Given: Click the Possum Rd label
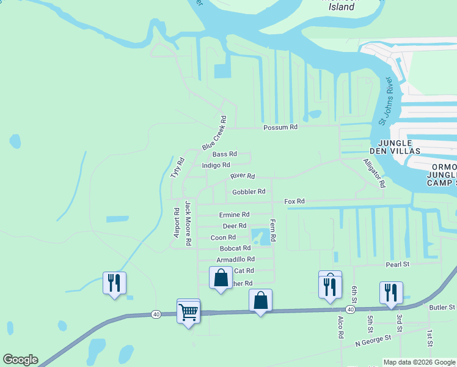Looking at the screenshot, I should click(280, 127).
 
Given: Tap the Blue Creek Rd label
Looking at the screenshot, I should click(214, 134).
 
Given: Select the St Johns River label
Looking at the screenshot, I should click(385, 102).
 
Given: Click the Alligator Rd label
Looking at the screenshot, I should click(375, 173).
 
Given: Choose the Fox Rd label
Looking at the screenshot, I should click(294, 201).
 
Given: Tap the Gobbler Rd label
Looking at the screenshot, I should click(249, 191).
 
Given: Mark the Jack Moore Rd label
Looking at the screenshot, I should click(189, 224).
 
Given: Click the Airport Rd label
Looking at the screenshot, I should click(177, 223).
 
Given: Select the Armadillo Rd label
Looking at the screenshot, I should click(235, 259).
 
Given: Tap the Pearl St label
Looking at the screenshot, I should click(397, 264).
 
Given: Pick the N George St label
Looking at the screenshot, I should click(373, 341).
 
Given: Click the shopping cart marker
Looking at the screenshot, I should click(188, 312).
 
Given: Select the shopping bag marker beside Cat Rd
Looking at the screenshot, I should click(221, 278).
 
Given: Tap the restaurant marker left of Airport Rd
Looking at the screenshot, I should click(114, 283).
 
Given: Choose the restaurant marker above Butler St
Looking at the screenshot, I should click(390, 292).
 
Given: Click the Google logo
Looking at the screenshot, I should click(20, 360).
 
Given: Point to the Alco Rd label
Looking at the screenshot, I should click(341, 327).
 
